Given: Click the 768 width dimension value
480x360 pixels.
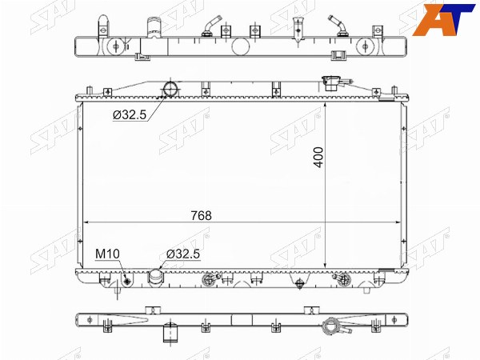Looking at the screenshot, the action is pyautogui.click(x=201, y=216).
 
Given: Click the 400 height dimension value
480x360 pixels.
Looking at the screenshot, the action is pyautogui.click(x=318, y=158).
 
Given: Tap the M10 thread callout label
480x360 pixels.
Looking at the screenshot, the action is pyautogui.click(x=107, y=254).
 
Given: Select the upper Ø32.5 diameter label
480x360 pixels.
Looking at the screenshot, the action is pyautogui.click(x=130, y=114).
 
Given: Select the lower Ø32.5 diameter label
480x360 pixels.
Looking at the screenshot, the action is pyautogui.click(x=183, y=254).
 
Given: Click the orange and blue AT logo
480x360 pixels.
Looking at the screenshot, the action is pyautogui.click(x=443, y=19).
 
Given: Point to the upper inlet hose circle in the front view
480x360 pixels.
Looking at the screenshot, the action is pyautogui.click(x=171, y=89).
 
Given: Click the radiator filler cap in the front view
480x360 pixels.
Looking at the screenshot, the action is pyautogui.click(x=332, y=83).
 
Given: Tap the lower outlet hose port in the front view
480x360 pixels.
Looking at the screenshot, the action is pyautogui.click(x=156, y=278).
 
